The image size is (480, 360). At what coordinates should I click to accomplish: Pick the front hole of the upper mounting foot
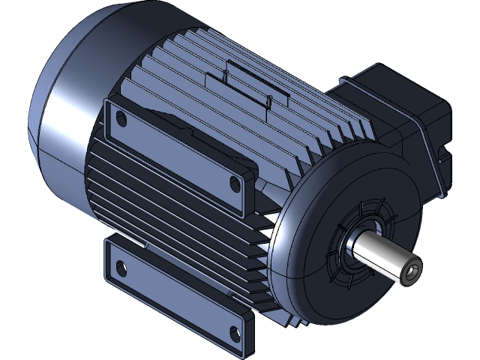(235, 183)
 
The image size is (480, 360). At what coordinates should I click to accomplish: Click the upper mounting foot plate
(176, 150)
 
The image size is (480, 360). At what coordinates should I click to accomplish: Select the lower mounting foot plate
(176, 296)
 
